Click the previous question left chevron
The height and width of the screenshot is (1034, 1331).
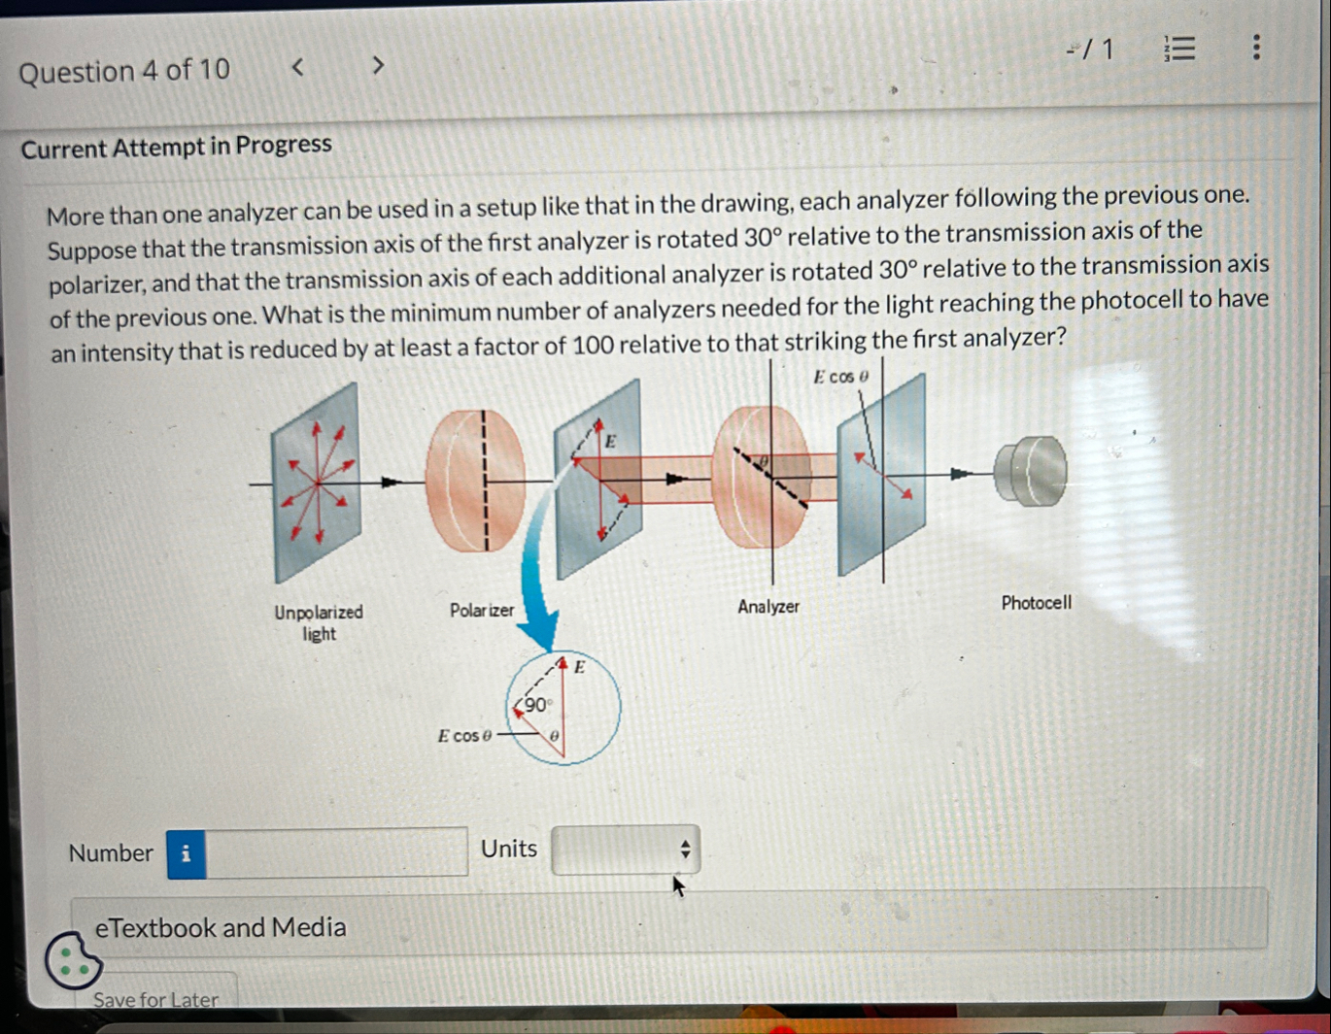pos(298,67)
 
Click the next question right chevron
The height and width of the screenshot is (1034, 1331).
pos(378,66)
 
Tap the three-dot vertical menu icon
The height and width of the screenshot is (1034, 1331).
pos(1256,48)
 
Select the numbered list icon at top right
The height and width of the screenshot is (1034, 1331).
pos(1179,49)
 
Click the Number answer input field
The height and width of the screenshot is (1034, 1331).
pos(336,853)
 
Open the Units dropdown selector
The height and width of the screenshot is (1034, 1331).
pos(625,850)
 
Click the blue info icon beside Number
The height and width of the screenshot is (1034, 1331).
pos(186,854)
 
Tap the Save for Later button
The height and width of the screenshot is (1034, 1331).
pos(155,999)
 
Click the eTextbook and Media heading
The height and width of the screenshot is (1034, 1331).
pos(221,927)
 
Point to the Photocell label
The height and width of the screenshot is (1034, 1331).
pos(1036,603)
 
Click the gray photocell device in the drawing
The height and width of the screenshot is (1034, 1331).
pos(1031,472)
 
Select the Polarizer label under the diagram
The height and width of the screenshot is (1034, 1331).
pos(481,611)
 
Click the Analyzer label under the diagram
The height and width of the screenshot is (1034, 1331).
pos(768,607)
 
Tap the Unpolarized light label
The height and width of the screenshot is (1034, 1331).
pos(318,622)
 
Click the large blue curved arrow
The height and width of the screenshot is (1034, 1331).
pos(534,573)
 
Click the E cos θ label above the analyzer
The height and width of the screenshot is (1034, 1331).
pos(840,377)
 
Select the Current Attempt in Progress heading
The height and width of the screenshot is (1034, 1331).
pos(176,147)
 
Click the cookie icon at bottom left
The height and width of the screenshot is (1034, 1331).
pos(72,960)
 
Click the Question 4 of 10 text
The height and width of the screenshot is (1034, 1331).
pos(124,71)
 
